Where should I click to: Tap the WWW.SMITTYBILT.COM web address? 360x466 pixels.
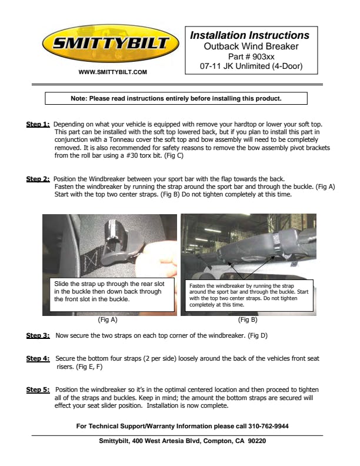point(112,72)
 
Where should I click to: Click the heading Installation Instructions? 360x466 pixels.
point(249,35)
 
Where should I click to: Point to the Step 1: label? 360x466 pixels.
point(38,125)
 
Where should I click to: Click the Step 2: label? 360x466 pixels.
point(38,179)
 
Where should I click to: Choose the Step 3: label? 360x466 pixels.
point(38,335)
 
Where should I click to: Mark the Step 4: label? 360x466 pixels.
point(38,358)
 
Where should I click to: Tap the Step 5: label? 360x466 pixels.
point(38,390)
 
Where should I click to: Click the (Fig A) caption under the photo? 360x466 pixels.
point(108,320)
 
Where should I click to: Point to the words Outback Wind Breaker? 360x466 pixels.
point(251,46)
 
